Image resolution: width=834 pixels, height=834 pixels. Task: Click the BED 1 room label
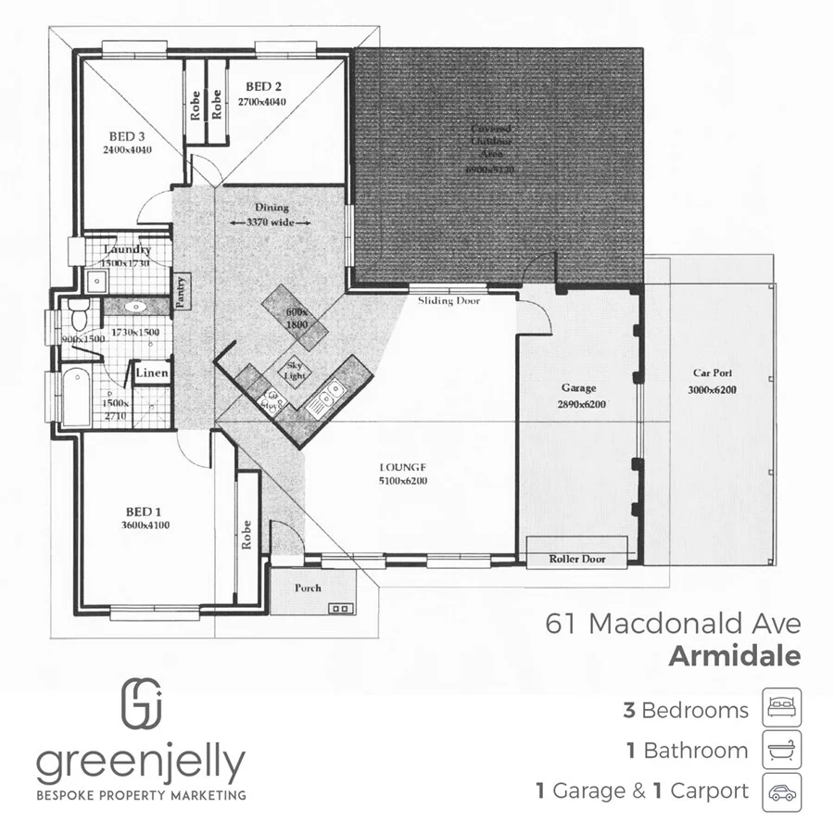point(144,511)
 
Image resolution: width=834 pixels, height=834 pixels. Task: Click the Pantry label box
point(183,291)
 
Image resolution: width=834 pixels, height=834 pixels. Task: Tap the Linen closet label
point(152,373)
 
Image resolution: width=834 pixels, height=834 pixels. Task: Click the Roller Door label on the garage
point(576,559)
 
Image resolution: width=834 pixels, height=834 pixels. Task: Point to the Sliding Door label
point(449,301)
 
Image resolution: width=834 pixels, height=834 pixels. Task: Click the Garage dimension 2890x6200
point(582,405)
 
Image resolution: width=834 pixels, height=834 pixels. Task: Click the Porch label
point(308,588)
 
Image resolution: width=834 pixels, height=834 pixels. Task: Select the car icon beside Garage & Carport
point(781,791)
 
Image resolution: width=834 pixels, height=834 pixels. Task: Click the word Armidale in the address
point(733,657)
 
